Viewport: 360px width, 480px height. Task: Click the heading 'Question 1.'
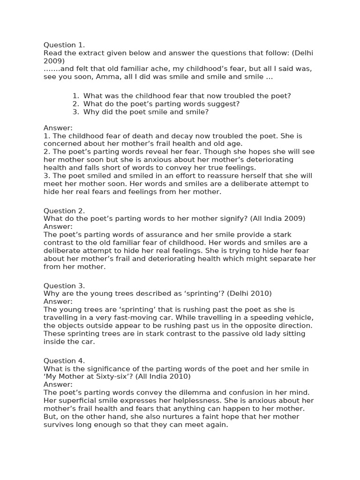click(64, 45)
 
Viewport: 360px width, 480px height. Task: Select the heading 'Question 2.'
click(64, 210)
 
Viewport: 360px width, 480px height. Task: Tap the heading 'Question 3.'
click(64, 285)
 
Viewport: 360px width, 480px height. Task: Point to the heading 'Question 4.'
click(64, 360)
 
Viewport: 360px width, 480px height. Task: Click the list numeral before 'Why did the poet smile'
click(75, 112)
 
